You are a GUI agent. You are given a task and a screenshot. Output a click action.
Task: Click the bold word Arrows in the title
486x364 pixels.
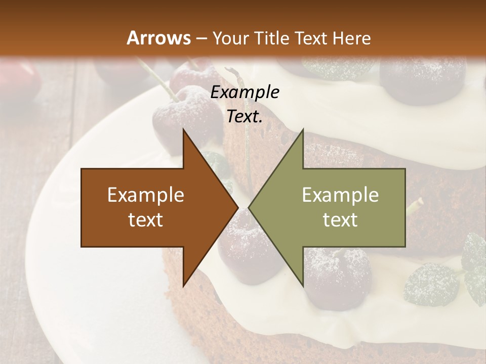click(158, 38)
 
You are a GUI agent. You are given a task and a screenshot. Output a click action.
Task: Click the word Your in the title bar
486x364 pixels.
click(230, 38)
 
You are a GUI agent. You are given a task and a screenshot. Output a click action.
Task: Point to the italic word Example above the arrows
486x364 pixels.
click(245, 92)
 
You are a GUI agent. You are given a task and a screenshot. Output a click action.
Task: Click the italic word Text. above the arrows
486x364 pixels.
click(245, 116)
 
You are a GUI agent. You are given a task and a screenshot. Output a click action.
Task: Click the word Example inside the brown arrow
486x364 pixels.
click(146, 195)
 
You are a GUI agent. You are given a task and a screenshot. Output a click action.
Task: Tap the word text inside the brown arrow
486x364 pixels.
click(146, 220)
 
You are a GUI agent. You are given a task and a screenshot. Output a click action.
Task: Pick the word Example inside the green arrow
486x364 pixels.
click(340, 195)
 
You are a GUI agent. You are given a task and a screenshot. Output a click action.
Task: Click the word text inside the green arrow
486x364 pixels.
click(340, 220)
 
